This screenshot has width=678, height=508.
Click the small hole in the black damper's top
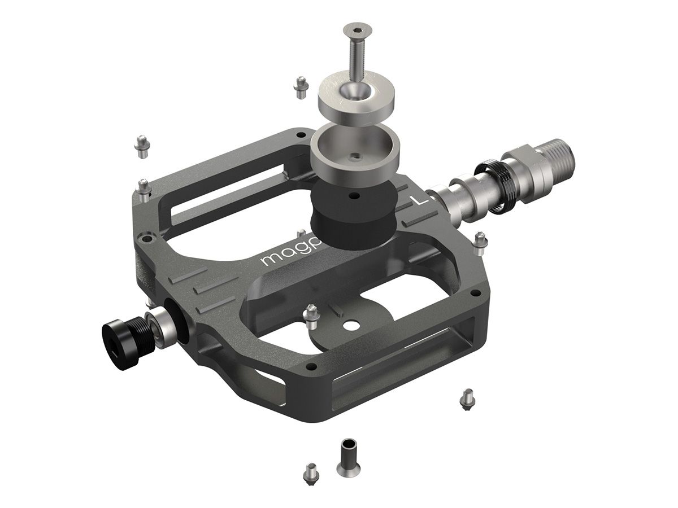(353, 196)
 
